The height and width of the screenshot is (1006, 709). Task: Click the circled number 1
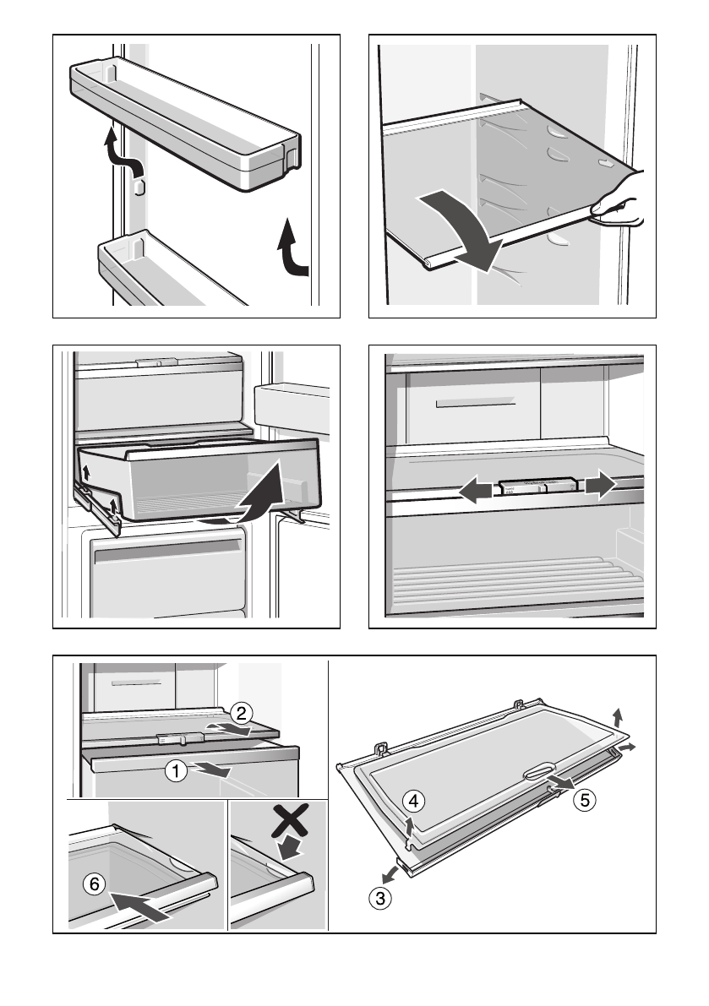click(175, 770)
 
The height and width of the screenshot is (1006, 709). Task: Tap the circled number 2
click(241, 713)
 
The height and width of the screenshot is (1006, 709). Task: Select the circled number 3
click(382, 899)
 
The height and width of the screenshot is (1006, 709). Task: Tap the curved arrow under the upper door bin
click(122, 154)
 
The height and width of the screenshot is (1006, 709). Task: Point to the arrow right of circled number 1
click(210, 769)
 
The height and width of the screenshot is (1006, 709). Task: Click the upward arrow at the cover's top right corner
click(619, 717)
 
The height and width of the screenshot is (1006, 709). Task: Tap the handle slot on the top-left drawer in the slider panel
click(472, 405)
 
